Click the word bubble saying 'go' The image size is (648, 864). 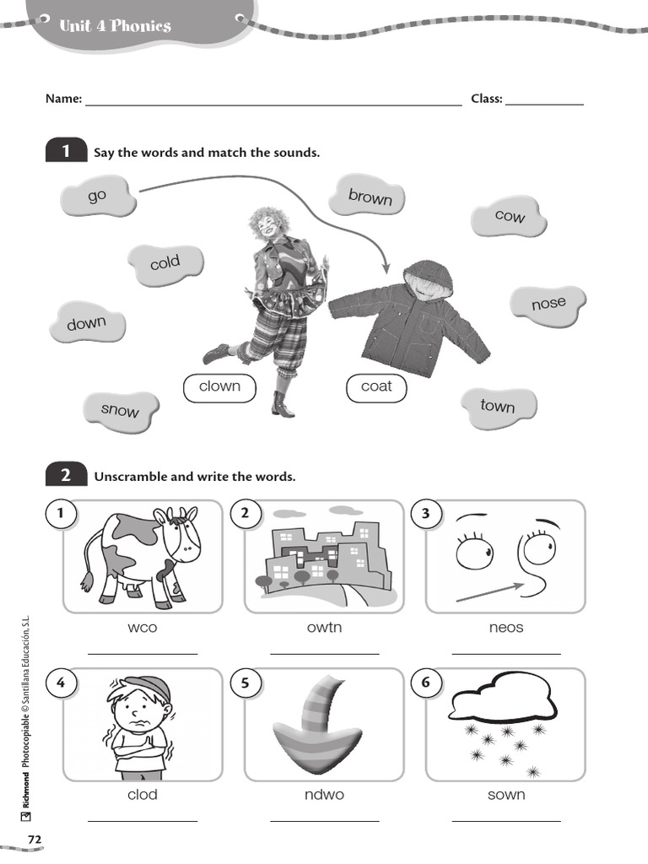pyautogui.click(x=98, y=196)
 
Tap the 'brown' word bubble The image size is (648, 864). pyautogui.click(x=370, y=197)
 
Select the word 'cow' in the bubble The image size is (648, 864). pyautogui.click(x=510, y=217)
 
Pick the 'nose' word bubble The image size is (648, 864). pyautogui.click(x=548, y=303)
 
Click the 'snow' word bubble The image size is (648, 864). pyautogui.click(x=120, y=410)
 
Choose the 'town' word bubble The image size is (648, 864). pyautogui.click(x=498, y=406)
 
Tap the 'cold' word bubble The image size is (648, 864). pyautogui.click(x=165, y=263)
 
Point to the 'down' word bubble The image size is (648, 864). pyautogui.click(x=87, y=323)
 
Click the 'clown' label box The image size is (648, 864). pyautogui.click(x=219, y=386)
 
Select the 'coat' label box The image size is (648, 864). pyautogui.click(x=376, y=386)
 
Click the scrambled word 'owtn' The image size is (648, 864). pyautogui.click(x=324, y=628)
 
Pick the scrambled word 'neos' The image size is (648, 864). pyautogui.click(x=506, y=628)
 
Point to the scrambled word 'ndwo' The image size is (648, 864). pyautogui.click(x=324, y=795)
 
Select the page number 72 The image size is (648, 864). pyautogui.click(x=35, y=840)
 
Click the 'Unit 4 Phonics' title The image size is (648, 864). pyautogui.click(x=115, y=26)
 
